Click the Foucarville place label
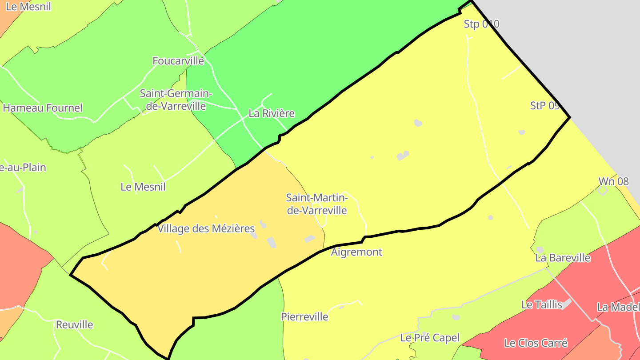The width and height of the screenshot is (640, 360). click(178, 61)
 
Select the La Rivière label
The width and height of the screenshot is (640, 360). click(271, 113)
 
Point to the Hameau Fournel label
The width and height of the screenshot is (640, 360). click(43, 108)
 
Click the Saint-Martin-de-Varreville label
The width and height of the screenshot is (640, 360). click(316, 204)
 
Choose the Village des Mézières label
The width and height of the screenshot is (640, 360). click(206, 229)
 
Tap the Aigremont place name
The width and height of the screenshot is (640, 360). click(356, 252)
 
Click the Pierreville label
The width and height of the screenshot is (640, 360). click(304, 317)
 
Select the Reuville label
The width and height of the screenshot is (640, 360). click(74, 324)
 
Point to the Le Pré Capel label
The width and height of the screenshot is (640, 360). click(430, 338)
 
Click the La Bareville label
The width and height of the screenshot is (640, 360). click(563, 258)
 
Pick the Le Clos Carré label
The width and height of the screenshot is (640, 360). click(536, 343)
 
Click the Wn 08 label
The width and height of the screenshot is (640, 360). click(613, 181)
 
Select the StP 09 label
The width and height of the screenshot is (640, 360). click(544, 106)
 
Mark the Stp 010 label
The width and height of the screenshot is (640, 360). click(481, 24)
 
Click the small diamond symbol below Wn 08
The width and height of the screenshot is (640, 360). click(603, 190)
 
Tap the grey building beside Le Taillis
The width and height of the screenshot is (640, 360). click(566, 304)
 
